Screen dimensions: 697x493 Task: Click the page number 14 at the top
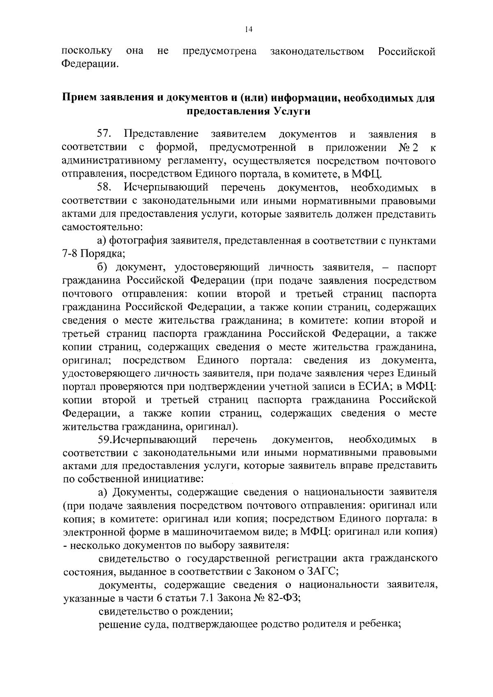(x=248, y=29)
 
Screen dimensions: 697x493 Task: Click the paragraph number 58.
(x=105, y=188)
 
